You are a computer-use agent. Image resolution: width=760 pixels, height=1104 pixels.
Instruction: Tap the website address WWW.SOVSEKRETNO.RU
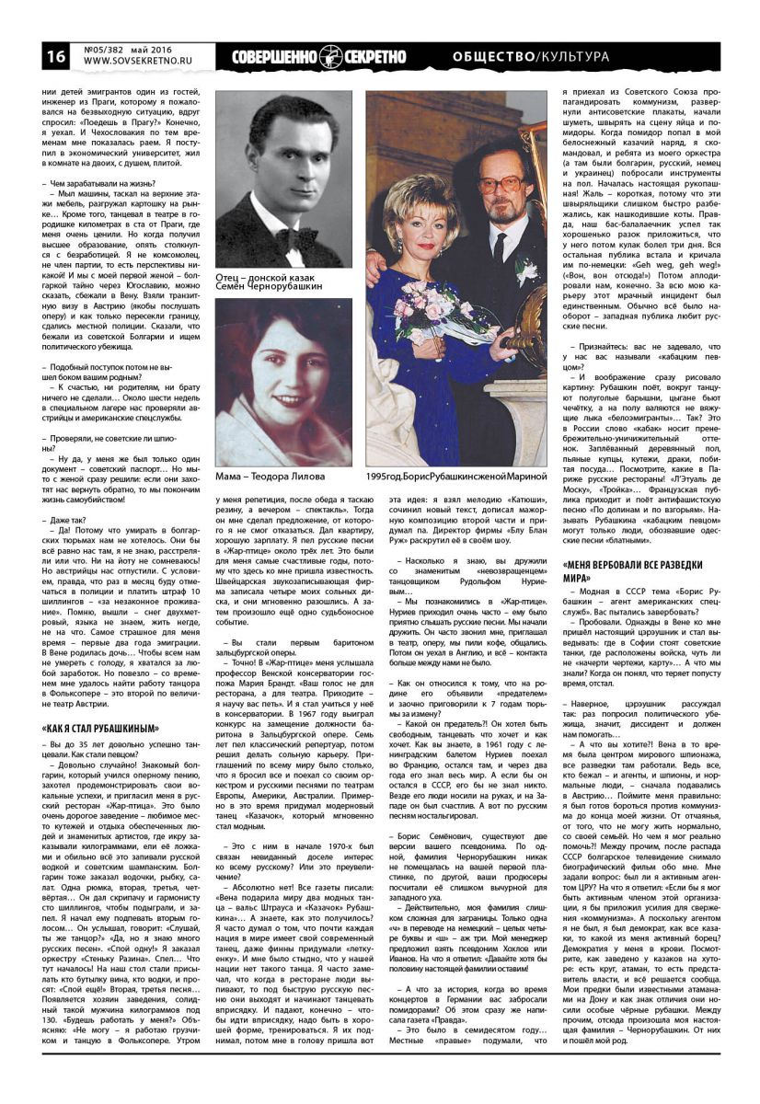(x=129, y=63)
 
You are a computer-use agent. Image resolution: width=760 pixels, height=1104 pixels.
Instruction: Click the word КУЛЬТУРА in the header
(x=575, y=57)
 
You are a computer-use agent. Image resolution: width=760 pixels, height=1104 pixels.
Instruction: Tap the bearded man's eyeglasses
(x=498, y=183)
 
